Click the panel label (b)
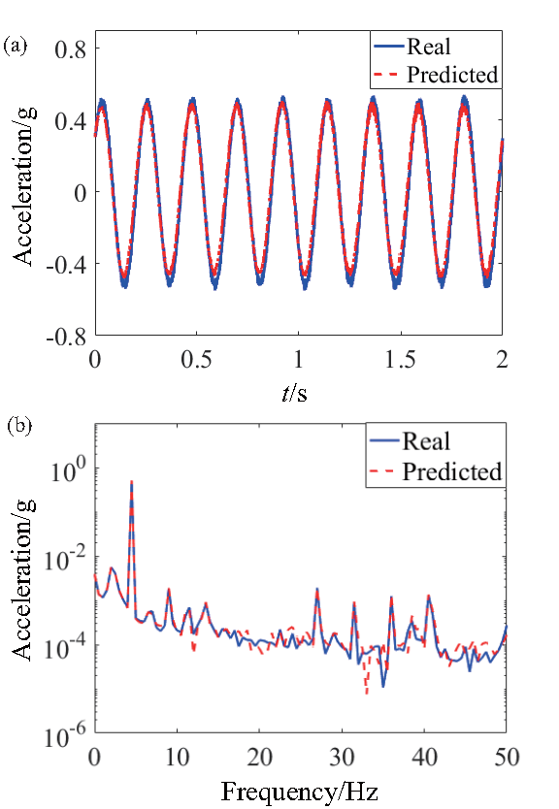(16, 426)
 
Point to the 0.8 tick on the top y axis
(69, 48)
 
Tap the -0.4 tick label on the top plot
(64, 264)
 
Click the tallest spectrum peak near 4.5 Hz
(131, 482)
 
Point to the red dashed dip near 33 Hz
(366, 693)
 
